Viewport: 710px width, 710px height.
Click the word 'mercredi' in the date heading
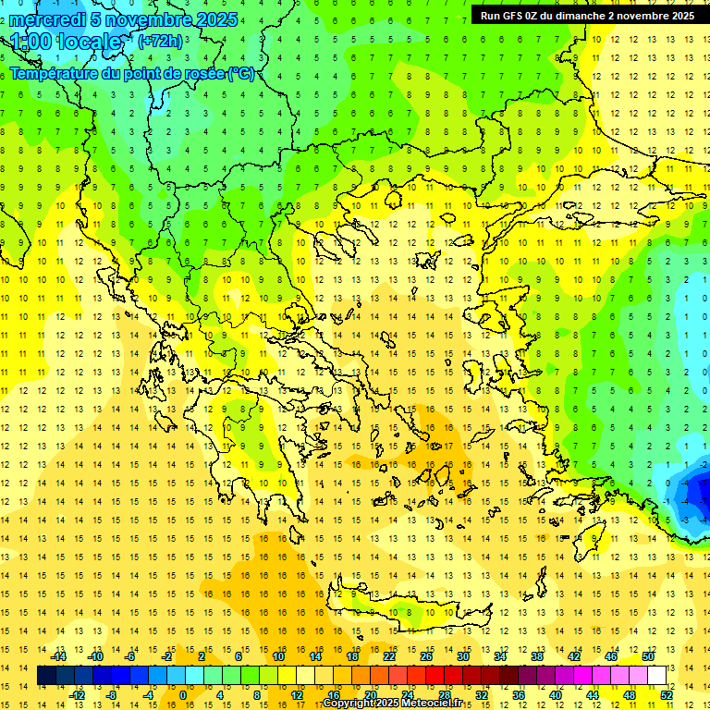[46, 19]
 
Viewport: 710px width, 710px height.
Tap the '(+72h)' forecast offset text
[160, 42]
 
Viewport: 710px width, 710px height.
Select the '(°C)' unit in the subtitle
[241, 73]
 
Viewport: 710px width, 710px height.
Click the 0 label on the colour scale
[182, 694]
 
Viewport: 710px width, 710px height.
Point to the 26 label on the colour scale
[426, 656]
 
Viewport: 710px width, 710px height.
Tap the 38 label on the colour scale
[537, 656]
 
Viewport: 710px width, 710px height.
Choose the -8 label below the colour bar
[112, 694]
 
